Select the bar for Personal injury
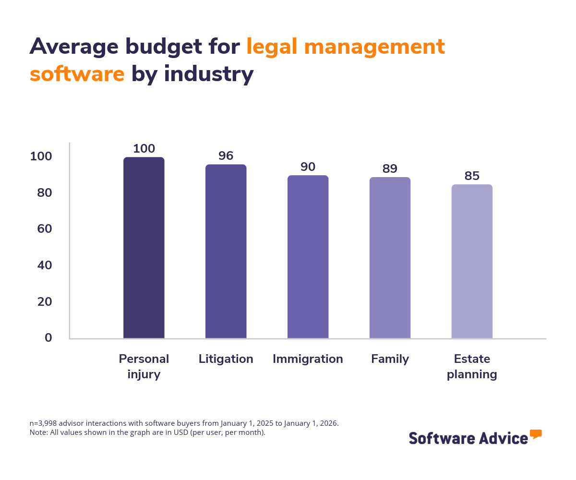144,248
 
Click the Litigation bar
226,252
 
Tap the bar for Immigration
308,257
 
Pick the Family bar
390,258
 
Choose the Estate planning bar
472,262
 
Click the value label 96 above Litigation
226,156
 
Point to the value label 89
390,168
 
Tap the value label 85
472,176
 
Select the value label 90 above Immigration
308,167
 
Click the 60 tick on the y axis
45,229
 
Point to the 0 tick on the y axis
48,338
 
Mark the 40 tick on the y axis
45,265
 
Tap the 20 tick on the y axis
45,302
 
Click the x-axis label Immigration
308,359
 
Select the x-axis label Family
390,359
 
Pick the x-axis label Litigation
226,359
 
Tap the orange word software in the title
77,74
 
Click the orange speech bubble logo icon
536,434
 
